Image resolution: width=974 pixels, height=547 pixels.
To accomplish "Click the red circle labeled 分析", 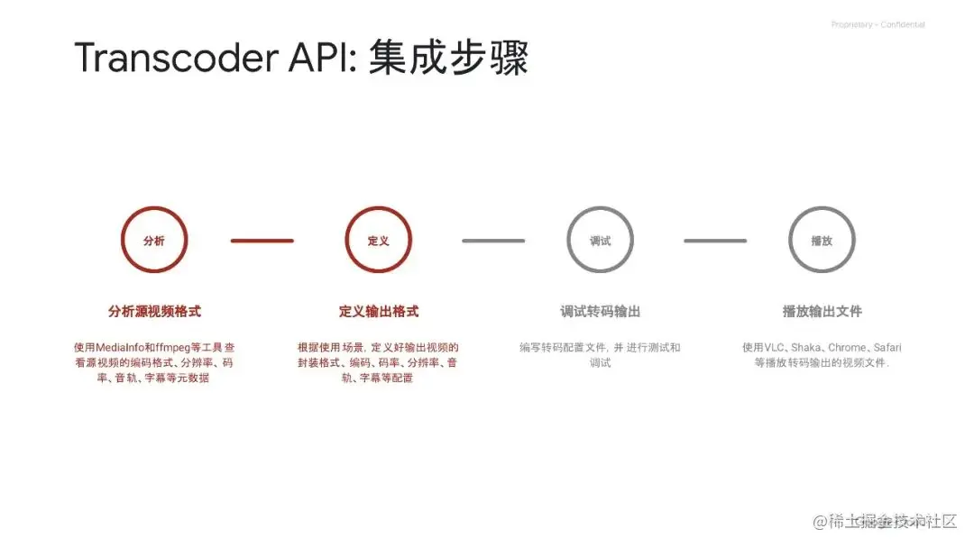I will [x=154, y=241].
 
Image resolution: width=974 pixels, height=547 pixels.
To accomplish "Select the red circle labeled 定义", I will [x=378, y=241].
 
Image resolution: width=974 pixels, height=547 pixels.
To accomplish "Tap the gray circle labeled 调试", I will [x=600, y=241].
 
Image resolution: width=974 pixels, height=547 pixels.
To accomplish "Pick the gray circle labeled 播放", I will [x=822, y=241].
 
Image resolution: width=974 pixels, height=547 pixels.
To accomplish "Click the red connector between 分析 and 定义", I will [x=262, y=241].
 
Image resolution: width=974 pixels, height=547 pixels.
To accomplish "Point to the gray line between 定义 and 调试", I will [x=493, y=241].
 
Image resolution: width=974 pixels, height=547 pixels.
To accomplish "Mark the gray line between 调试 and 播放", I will [x=715, y=241].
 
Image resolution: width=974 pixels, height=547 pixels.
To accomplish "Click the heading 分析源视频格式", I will [x=154, y=312].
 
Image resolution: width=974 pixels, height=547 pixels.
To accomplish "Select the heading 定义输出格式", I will [x=379, y=312].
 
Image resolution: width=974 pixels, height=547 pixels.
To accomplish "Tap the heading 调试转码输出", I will [x=600, y=312].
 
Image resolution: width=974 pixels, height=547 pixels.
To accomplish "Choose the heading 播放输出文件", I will [x=822, y=312].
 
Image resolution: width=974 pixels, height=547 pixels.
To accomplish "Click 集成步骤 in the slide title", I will [x=448, y=58].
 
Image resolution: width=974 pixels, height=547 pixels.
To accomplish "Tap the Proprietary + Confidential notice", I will [x=878, y=25].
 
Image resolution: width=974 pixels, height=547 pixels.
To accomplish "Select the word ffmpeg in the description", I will [x=174, y=347].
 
